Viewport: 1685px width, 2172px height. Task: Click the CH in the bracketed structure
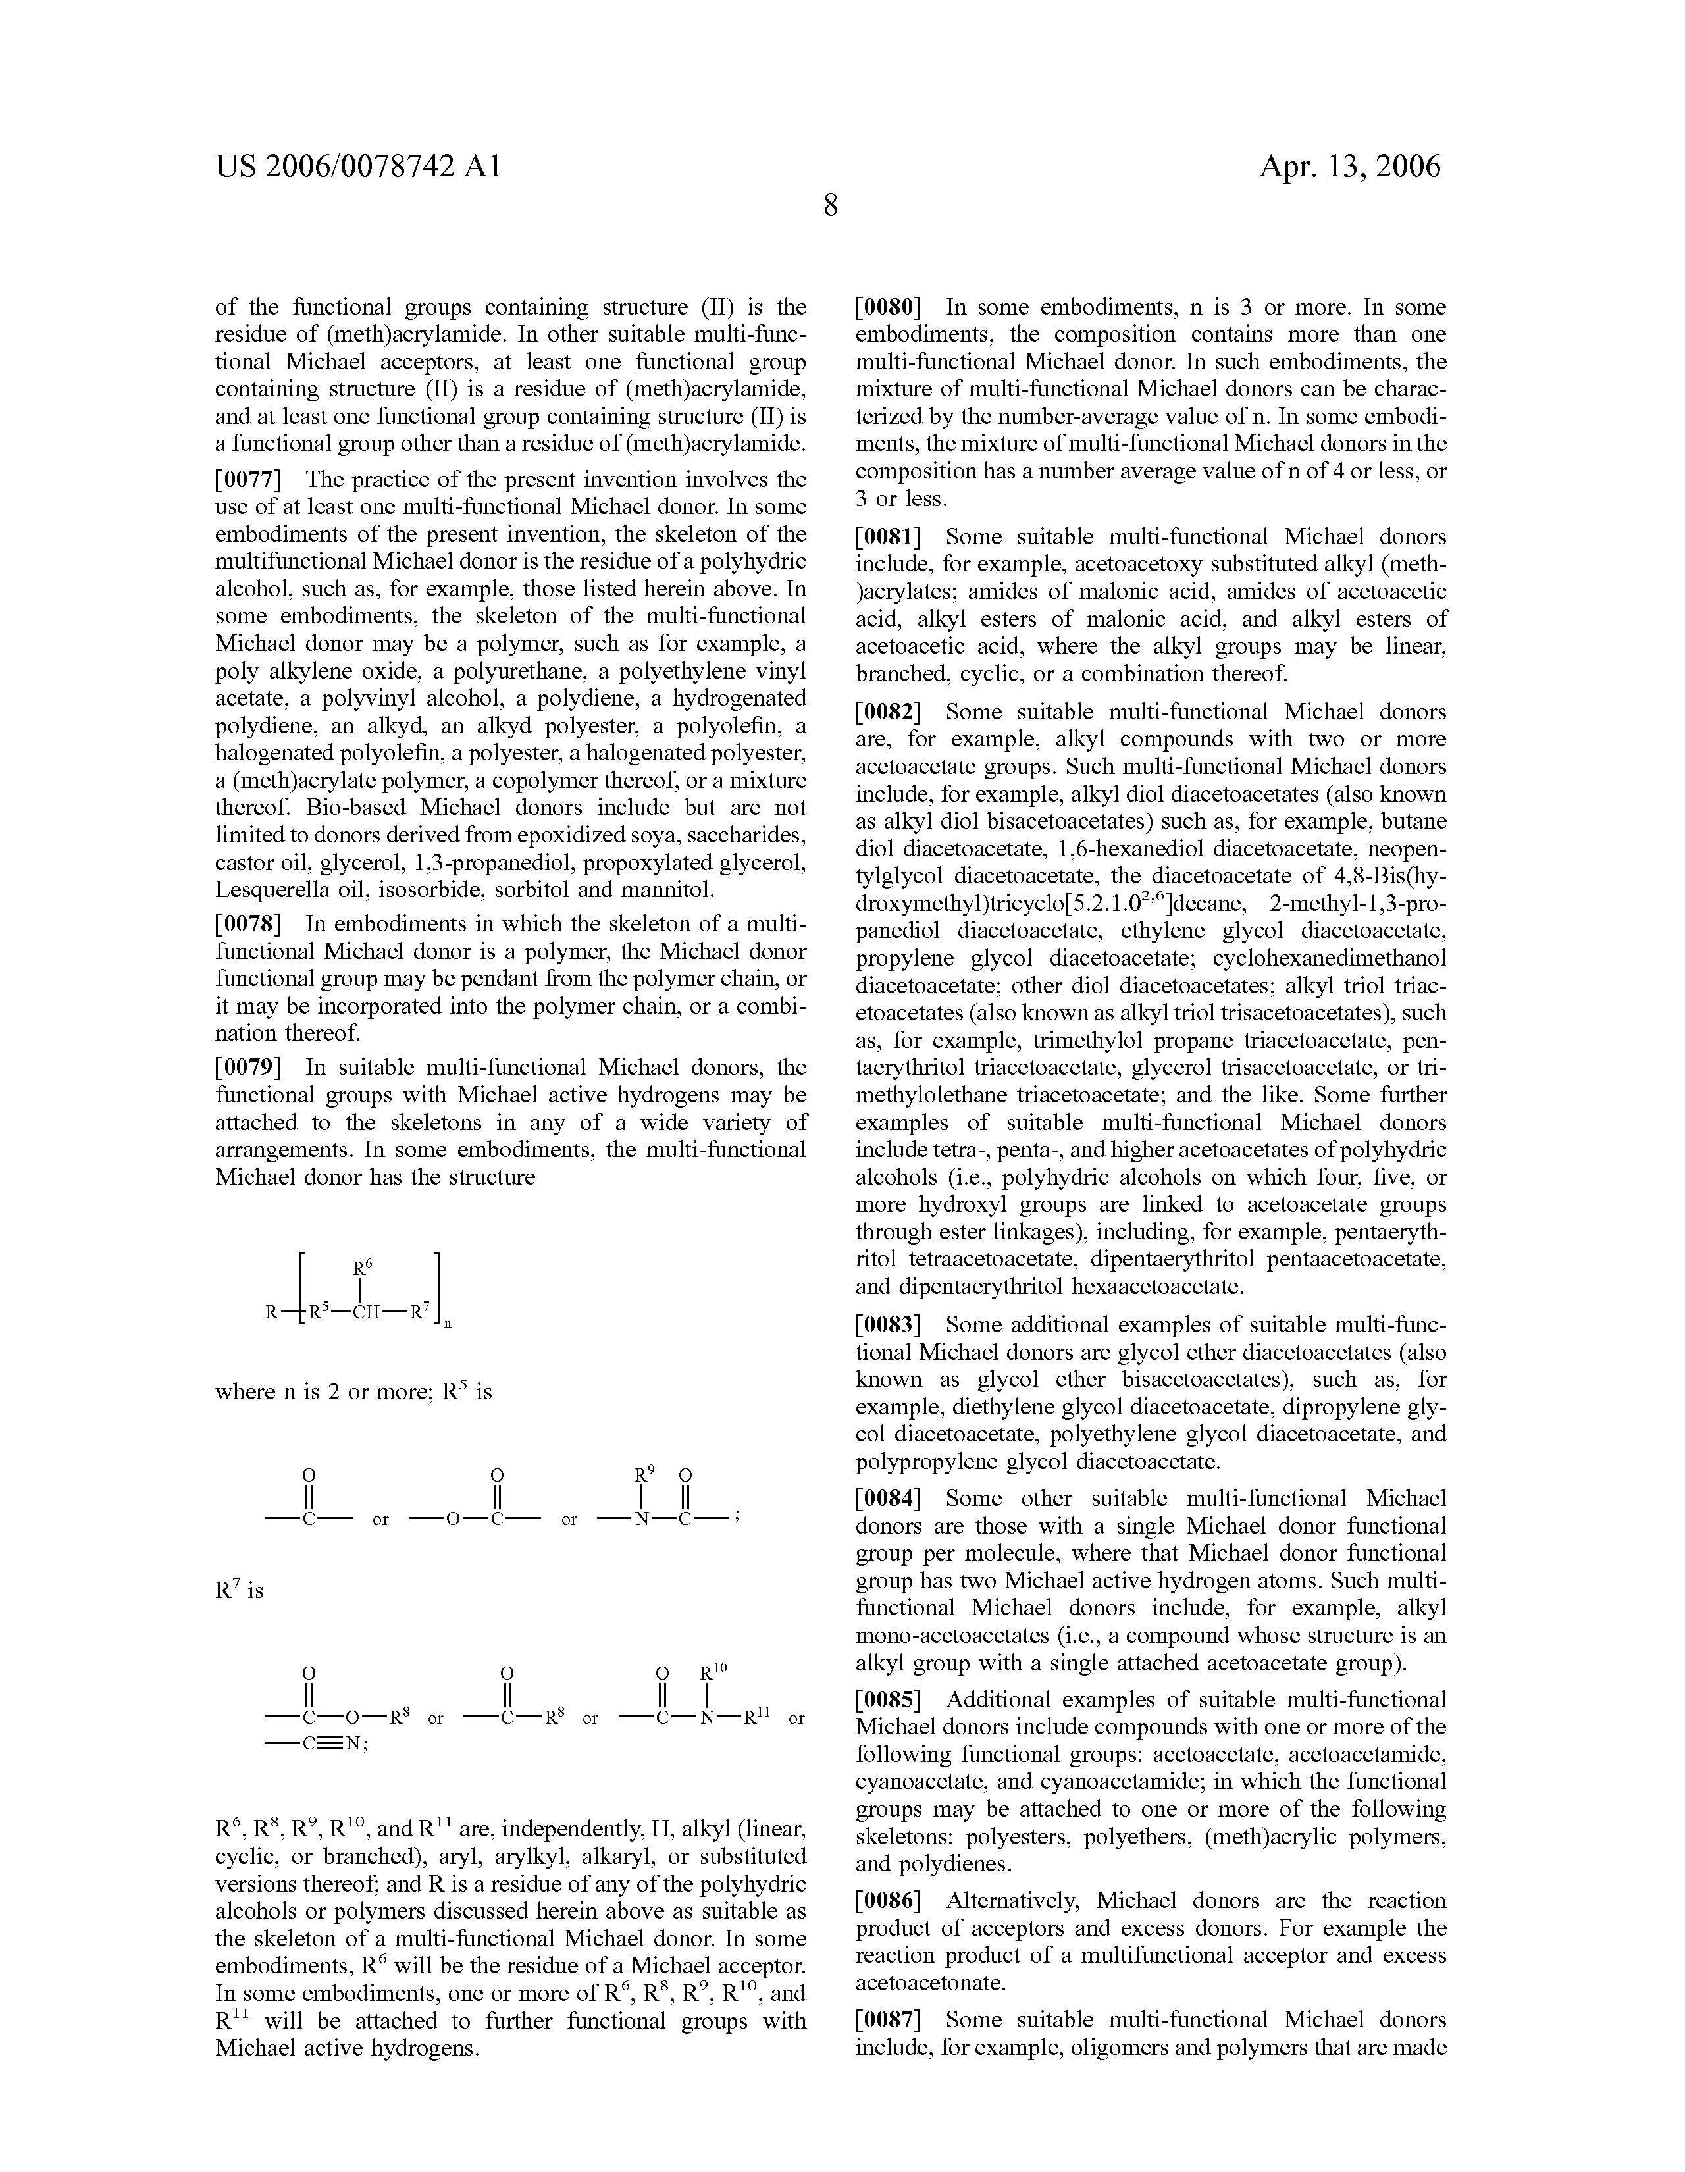(365, 1312)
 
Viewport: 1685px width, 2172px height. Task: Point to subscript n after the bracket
(447, 1326)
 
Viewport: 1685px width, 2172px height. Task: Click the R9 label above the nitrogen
(644, 1475)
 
